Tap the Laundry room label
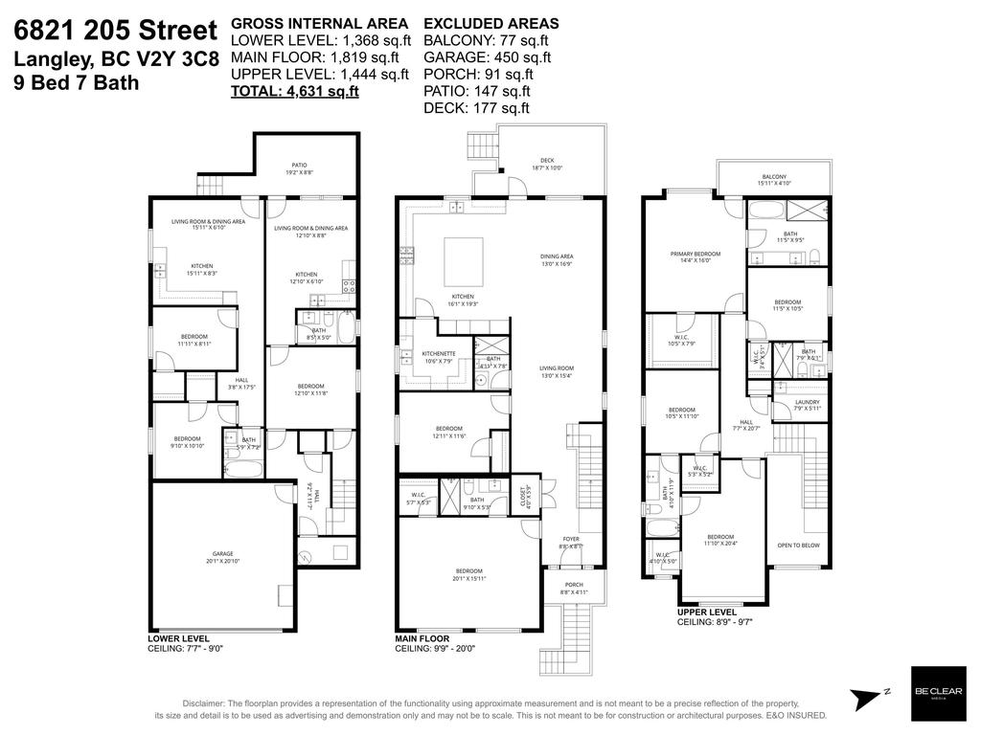click(x=808, y=405)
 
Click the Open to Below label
click(x=797, y=546)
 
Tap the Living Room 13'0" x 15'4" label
click(x=556, y=371)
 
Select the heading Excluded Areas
click(x=490, y=23)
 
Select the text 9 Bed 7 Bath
click(x=77, y=83)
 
